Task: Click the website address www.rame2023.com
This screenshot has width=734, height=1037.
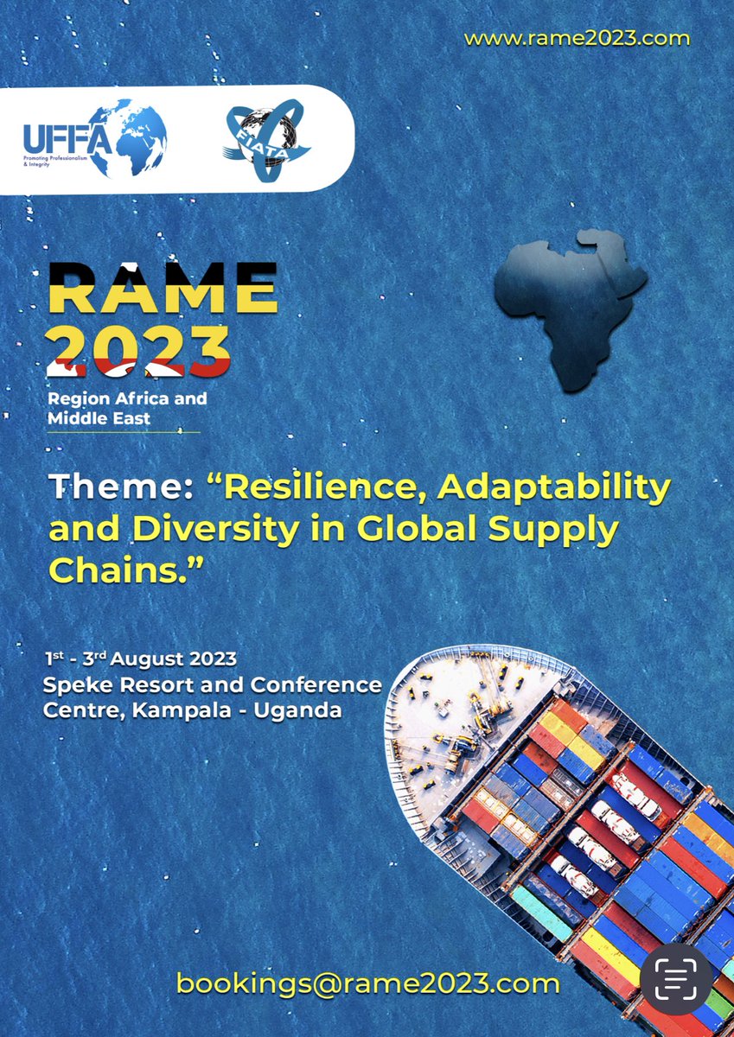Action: click(577, 39)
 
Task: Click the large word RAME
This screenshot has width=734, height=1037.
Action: click(163, 288)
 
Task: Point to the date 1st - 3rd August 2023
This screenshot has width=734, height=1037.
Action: click(141, 659)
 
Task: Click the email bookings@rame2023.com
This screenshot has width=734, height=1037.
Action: click(367, 983)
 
